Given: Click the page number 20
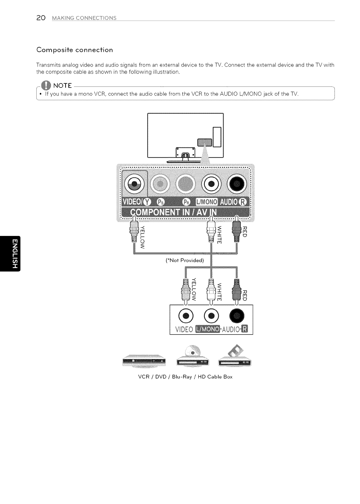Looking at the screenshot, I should pyautogui.click(x=41, y=18).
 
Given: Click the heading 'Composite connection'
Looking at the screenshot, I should pyautogui.click(x=75, y=50).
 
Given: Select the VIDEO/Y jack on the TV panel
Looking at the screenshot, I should pyautogui.click(x=134, y=183).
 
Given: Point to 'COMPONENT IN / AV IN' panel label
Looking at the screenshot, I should pyautogui.click(x=173, y=213).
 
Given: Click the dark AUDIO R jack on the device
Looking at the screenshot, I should pyautogui.click(x=237, y=316).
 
